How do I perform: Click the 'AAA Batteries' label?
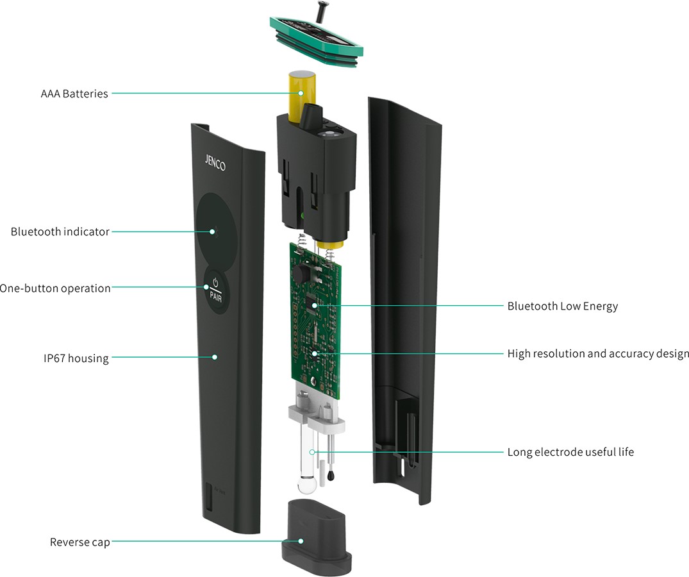coord(74,94)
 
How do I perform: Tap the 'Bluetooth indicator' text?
coord(60,231)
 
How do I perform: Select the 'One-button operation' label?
coord(55,288)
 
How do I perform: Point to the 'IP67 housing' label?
coord(72,358)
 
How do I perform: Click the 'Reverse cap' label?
coord(79,542)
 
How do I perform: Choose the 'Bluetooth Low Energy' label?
coord(562,306)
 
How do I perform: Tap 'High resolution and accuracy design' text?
coord(598,353)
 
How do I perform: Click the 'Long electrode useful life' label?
coord(570,452)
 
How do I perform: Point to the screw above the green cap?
coord(320,11)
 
